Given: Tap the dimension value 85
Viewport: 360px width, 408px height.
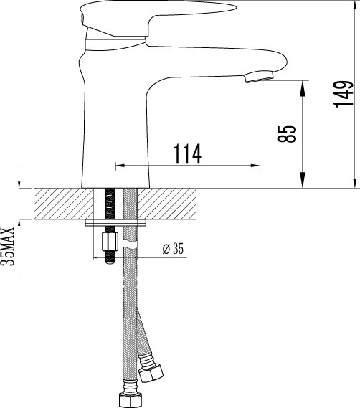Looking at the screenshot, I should click(x=289, y=133).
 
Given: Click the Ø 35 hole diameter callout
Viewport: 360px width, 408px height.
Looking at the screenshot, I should click(x=174, y=248).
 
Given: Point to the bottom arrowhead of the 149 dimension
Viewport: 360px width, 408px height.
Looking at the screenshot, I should click(x=356, y=183).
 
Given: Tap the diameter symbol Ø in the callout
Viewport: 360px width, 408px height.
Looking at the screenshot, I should click(x=166, y=248).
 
